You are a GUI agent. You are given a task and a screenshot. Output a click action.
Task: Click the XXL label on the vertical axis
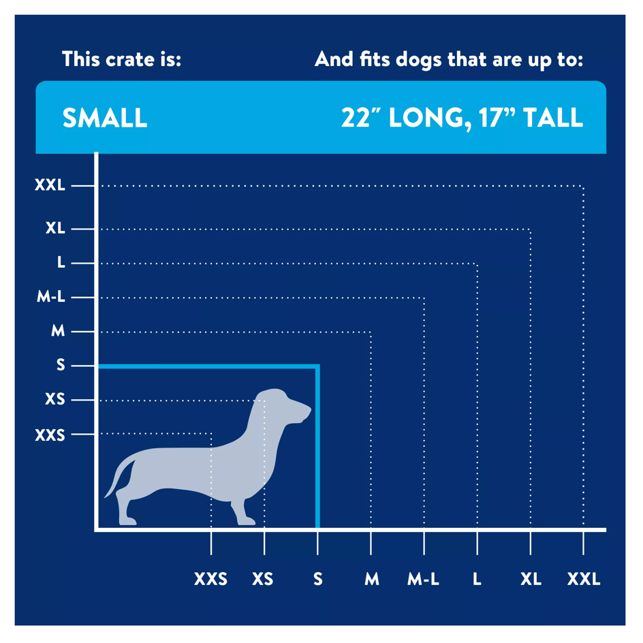[x=50, y=185]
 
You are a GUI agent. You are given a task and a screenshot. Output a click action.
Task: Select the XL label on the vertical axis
[x=55, y=228]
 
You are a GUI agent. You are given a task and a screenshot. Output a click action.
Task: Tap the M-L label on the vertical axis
[x=51, y=296]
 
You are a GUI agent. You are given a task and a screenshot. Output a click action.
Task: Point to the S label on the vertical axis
[x=61, y=364]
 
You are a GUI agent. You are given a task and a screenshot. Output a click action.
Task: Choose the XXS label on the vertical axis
[x=50, y=435]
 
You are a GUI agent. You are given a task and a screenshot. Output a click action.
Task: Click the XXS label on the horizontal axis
[x=210, y=579]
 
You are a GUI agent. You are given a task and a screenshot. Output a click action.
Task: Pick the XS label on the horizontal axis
[x=262, y=579]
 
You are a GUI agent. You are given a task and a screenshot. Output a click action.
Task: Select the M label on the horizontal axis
[x=372, y=579]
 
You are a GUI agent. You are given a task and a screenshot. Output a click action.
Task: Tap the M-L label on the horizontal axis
[x=423, y=579]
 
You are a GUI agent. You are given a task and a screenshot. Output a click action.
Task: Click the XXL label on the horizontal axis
[x=584, y=579]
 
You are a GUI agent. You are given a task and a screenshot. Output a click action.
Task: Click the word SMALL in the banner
[x=105, y=118]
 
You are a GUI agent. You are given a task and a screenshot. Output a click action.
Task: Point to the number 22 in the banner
[x=355, y=118]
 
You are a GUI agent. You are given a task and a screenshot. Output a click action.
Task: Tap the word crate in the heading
[x=130, y=60]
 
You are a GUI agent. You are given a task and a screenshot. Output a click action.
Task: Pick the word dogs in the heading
[x=419, y=61]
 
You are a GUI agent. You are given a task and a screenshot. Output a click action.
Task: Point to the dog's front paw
[x=245, y=521]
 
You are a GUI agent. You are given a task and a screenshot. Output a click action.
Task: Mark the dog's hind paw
[x=127, y=521]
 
